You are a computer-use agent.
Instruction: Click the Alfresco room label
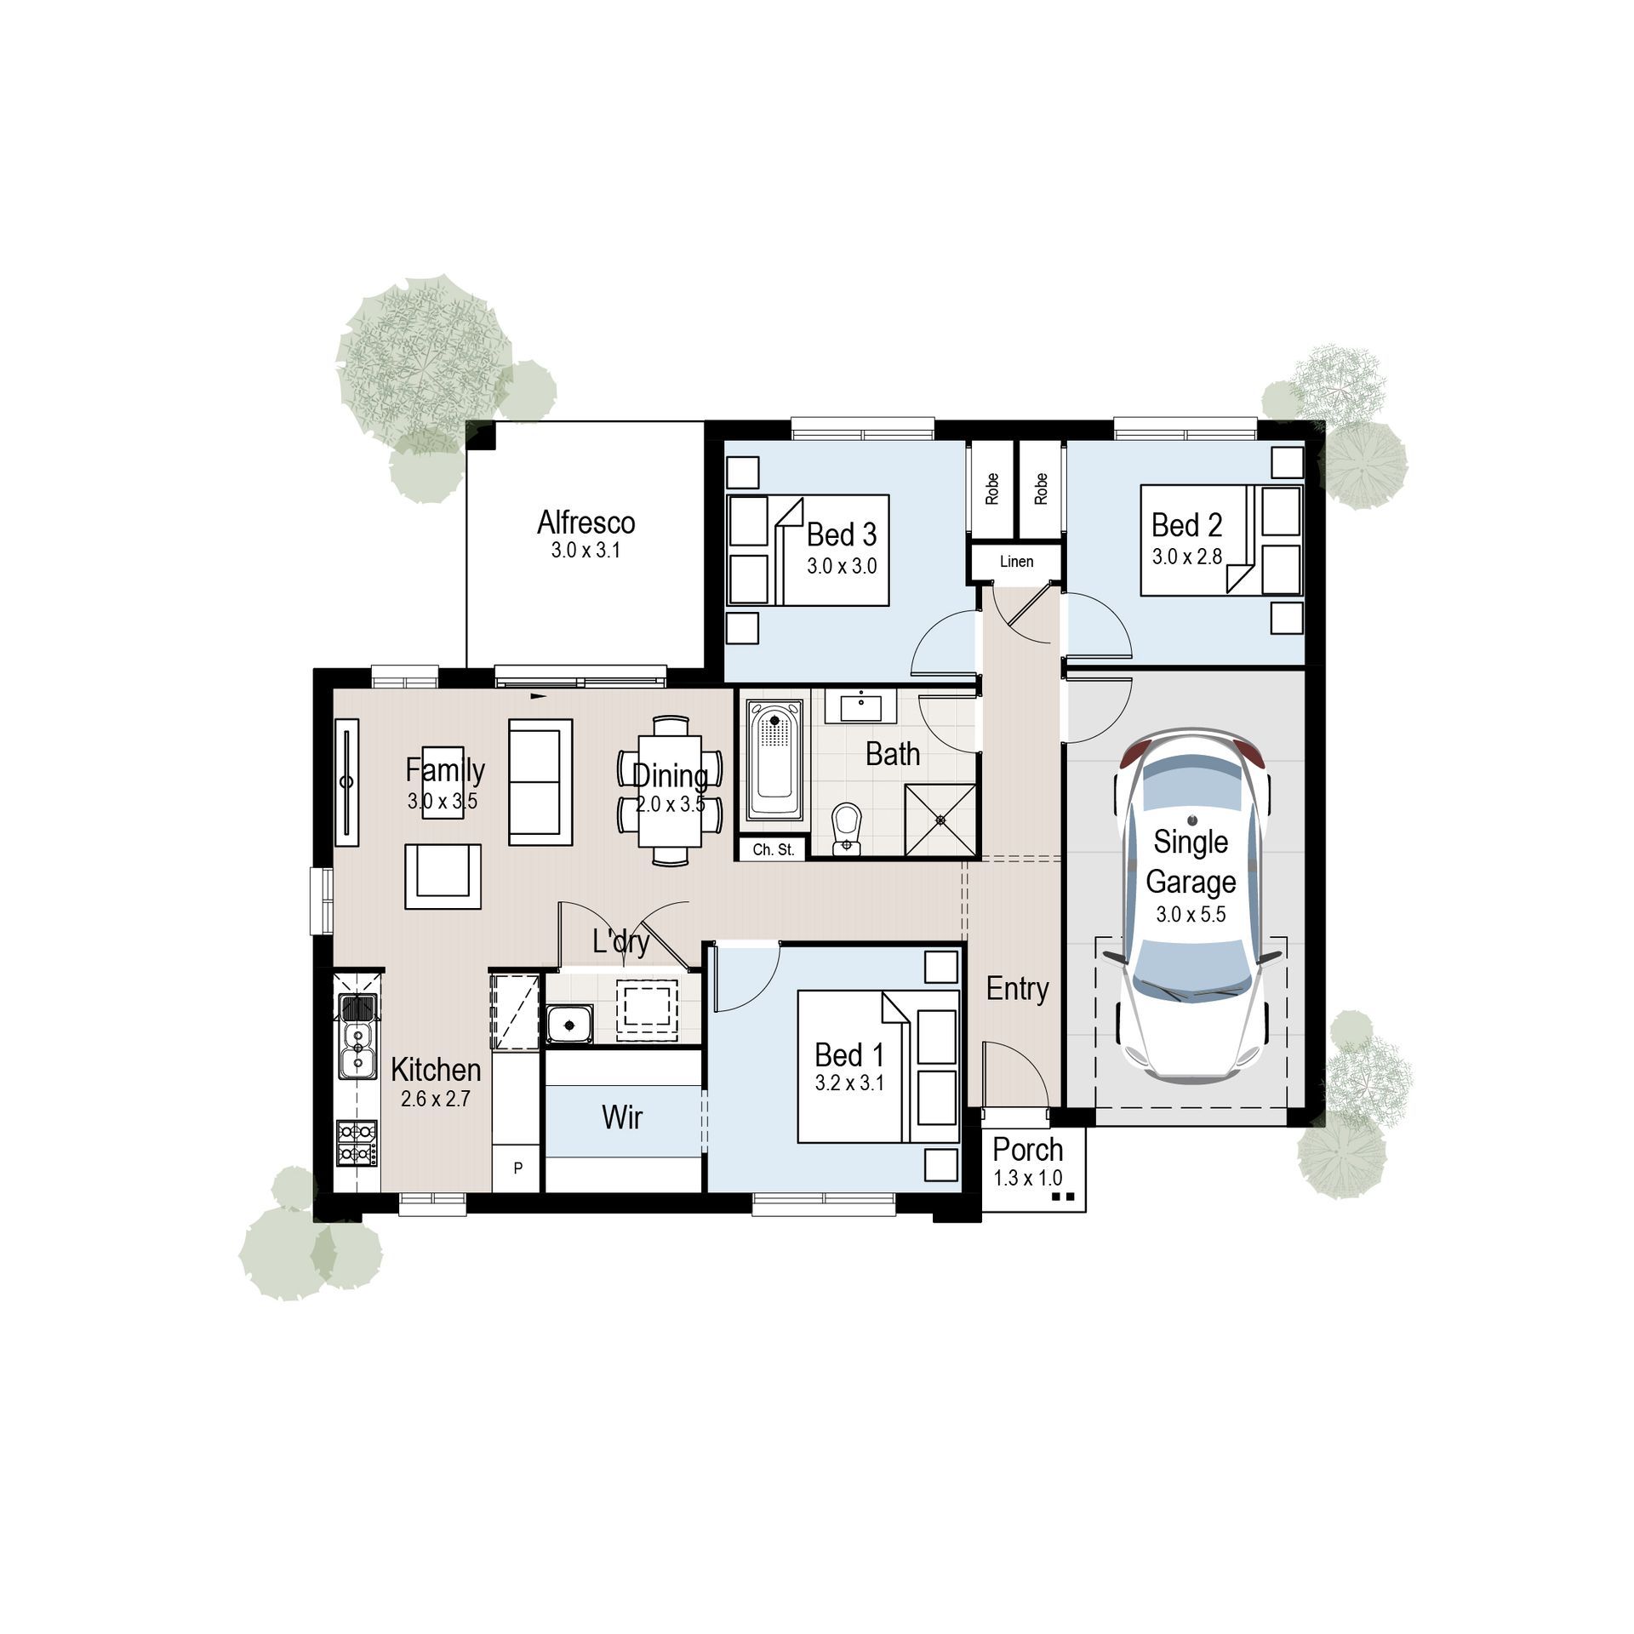[586, 523]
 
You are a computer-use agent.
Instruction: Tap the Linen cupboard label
[1016, 562]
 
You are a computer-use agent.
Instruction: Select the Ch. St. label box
[773, 849]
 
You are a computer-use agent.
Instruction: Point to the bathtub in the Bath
[774, 759]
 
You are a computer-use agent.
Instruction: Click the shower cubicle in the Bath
[940, 820]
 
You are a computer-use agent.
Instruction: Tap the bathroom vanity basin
[860, 707]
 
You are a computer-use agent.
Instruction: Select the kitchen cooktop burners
[357, 1142]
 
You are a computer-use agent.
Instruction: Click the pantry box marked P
[517, 1168]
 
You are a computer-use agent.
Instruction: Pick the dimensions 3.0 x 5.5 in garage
[1191, 915]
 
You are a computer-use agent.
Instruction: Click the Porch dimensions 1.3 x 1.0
[1028, 1179]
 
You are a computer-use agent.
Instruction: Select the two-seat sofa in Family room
[540, 782]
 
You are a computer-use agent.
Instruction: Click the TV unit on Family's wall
[346, 782]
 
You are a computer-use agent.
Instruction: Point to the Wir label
[622, 1117]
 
